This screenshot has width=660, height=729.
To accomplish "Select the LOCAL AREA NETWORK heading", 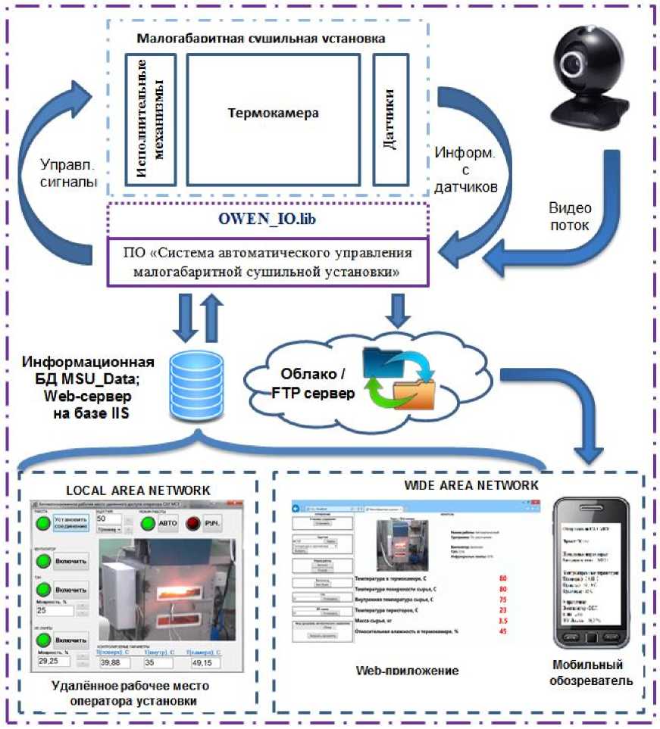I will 142,491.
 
